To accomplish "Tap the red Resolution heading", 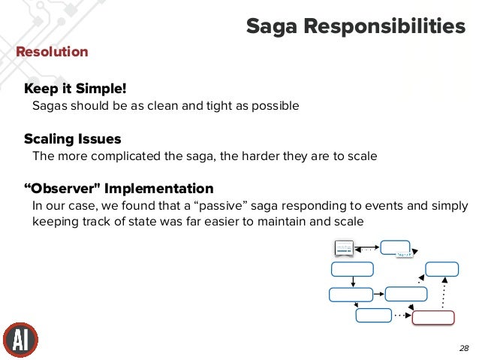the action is tap(53, 52).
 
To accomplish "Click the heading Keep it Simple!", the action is tap(75, 89).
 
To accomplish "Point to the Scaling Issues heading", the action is tap(72, 139).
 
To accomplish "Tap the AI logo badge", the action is tap(20, 340).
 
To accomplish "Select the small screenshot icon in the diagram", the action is tap(344, 249).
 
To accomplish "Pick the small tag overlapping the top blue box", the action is tap(404, 256).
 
